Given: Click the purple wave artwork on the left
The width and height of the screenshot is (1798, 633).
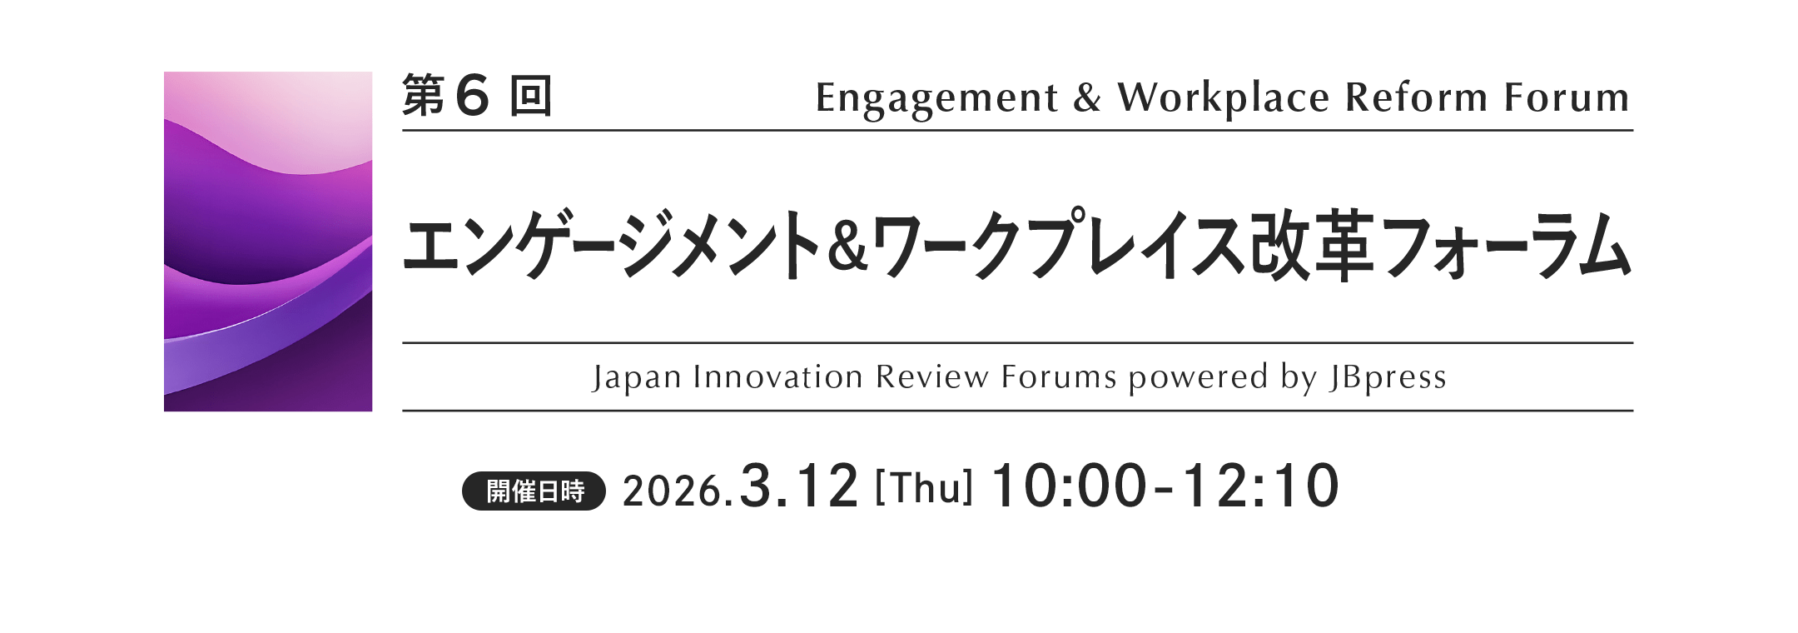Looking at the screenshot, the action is coord(268,242).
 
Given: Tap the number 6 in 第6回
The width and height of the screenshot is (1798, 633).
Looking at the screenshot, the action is coord(472,96).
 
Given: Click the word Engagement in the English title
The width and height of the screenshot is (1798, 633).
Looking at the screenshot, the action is coord(936,99).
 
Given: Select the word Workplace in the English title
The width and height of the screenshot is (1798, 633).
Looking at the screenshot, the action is coord(1223,99).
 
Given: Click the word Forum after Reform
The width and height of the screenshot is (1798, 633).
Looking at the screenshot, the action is coord(1567,97).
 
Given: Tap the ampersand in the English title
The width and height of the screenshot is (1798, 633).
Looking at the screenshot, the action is coord(1087,98).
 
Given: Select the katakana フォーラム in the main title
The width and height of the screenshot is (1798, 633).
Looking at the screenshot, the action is coord(1506,247).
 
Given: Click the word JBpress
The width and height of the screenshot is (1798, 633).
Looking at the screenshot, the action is coord(1388,378).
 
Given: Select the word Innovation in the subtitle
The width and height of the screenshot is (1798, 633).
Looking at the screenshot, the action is coord(778,377).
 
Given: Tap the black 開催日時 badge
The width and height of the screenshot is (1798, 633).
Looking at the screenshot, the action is coord(534,491).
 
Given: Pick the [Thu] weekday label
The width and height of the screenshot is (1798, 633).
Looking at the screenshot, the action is coord(924,488).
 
